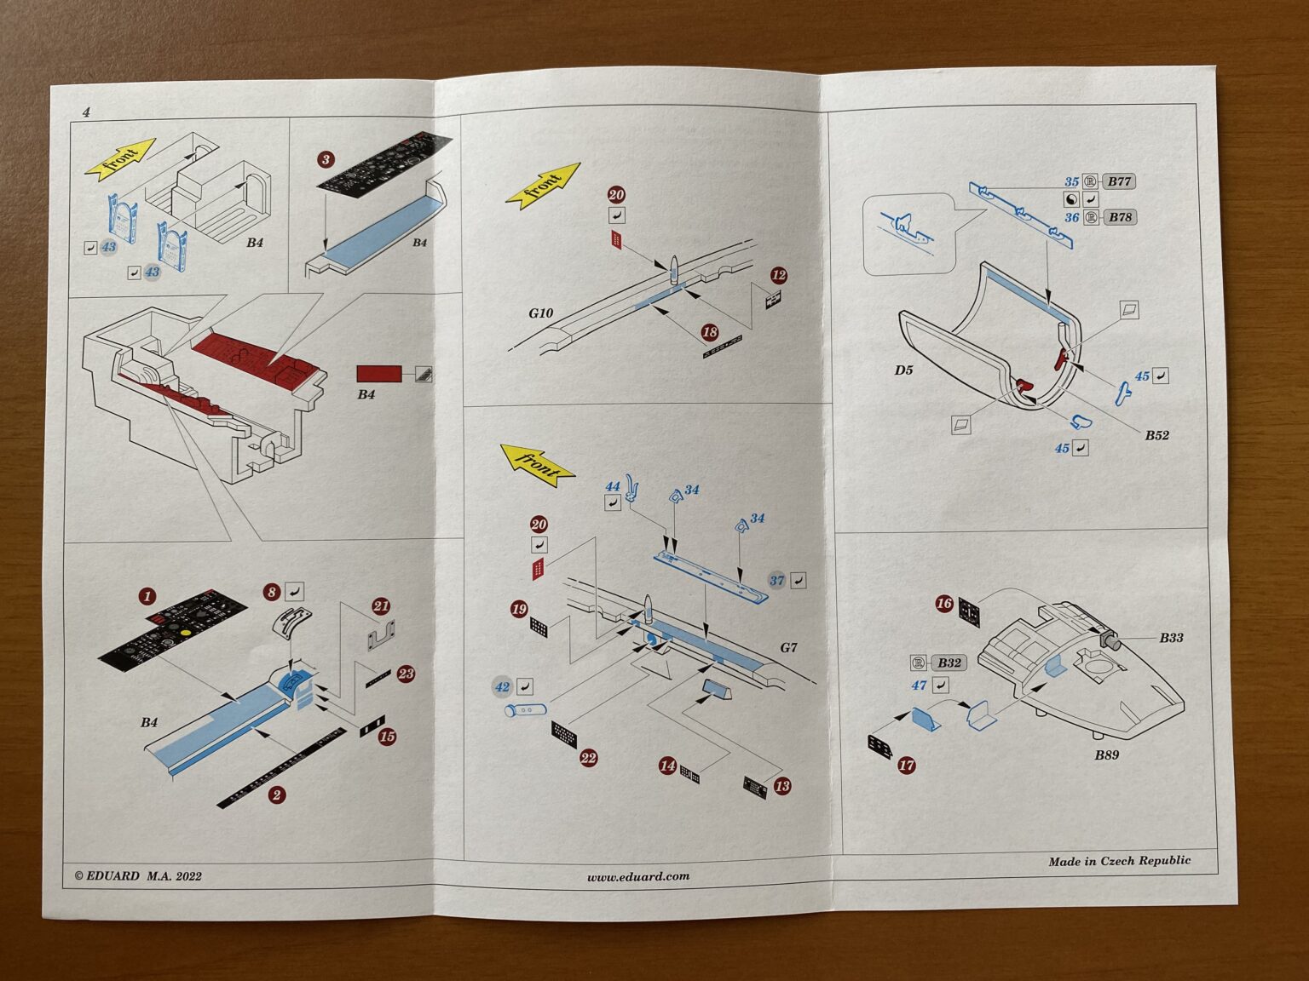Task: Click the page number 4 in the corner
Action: click(86, 112)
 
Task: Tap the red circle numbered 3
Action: click(326, 160)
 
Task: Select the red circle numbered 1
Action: click(147, 596)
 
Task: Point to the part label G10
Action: click(541, 313)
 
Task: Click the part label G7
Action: click(788, 647)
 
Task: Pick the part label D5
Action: click(903, 370)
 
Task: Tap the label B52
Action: click(1156, 435)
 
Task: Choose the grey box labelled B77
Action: click(1119, 181)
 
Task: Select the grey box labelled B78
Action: click(1120, 217)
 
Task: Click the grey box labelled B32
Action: click(949, 663)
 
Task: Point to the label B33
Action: click(1171, 637)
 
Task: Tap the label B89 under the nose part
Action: click(1107, 754)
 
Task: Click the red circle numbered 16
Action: click(944, 604)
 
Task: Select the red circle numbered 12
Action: click(777, 275)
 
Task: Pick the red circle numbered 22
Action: click(588, 758)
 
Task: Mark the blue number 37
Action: click(776, 580)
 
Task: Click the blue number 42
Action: click(502, 686)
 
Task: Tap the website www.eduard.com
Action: click(637, 876)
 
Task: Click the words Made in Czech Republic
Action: click(1119, 861)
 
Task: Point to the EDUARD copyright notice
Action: click(138, 875)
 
